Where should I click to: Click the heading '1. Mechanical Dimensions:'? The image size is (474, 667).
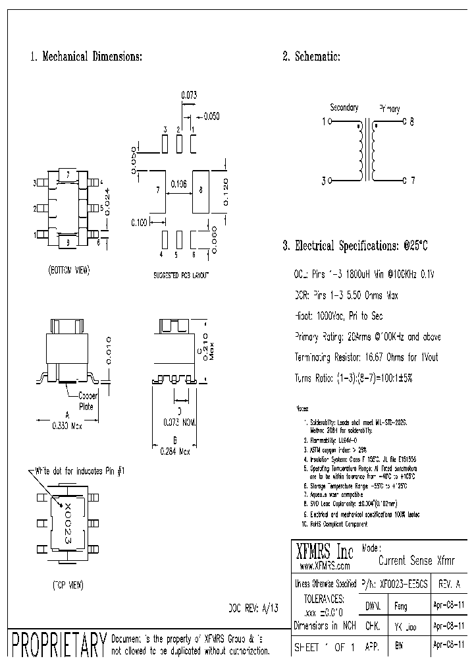pos(86,57)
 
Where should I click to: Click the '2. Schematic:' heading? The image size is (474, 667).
pos(311,57)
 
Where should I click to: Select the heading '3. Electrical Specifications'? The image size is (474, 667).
pos(355,246)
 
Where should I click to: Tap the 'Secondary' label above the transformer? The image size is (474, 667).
pos(344,107)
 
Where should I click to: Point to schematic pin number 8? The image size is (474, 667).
pos(412,122)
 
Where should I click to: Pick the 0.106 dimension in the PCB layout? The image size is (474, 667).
pos(178,184)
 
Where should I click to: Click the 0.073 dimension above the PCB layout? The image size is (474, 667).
pos(189,95)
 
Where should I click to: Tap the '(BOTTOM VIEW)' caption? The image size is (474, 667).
pos(68,270)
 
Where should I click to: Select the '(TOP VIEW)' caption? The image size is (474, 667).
pos(67,585)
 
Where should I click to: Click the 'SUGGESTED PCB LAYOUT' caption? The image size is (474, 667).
pos(178,272)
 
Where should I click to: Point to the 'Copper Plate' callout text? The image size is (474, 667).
pos(88,401)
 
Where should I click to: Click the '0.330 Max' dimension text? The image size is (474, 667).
pos(68,426)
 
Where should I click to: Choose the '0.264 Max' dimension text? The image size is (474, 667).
pos(175,451)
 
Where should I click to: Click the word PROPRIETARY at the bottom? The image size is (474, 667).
pos(59,645)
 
